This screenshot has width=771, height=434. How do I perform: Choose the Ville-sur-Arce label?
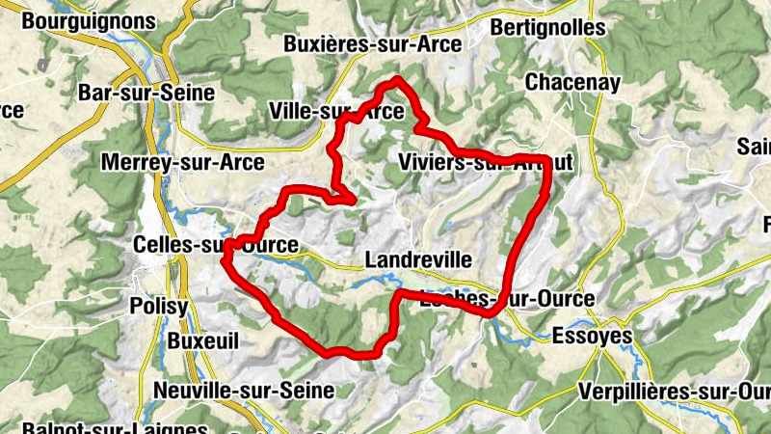[337, 112]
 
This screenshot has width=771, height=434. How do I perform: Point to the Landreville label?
[418, 260]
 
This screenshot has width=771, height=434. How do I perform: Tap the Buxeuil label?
[202, 341]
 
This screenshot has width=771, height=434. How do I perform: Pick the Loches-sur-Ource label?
[507, 300]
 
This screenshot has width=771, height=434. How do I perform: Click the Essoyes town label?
[592, 337]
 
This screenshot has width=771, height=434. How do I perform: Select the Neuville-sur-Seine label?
[243, 391]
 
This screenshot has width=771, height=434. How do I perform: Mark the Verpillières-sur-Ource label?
[675, 392]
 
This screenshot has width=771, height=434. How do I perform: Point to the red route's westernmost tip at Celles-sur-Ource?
[224, 259]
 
